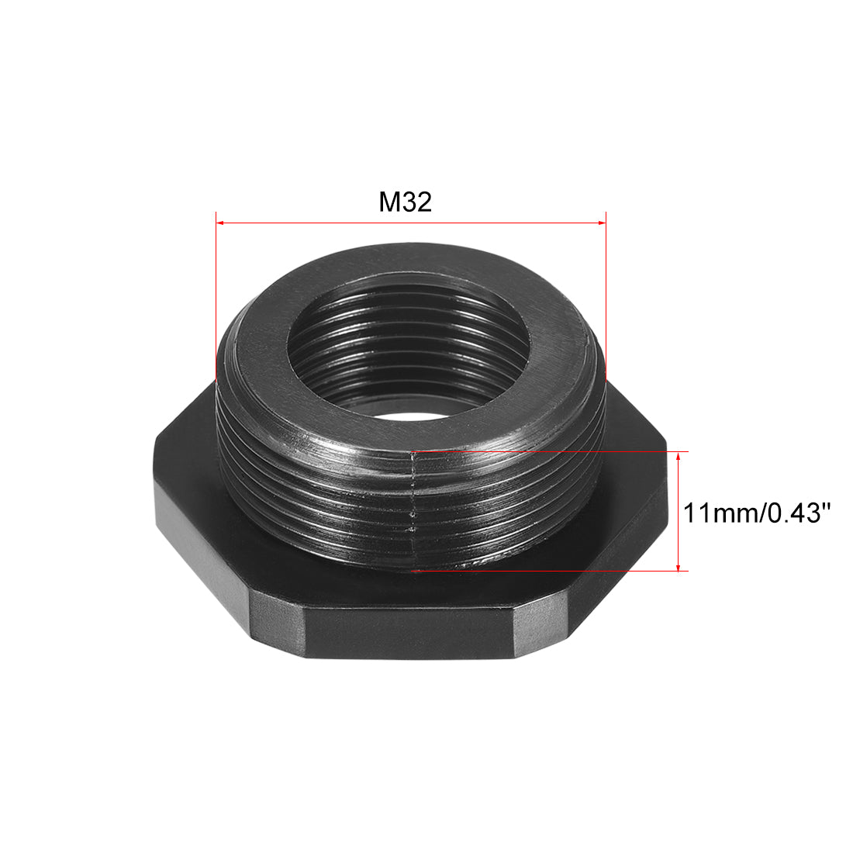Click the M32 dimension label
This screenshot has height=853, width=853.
click(x=405, y=202)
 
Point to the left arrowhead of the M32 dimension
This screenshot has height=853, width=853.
click(x=220, y=223)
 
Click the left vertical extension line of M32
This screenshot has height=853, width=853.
click(x=215, y=295)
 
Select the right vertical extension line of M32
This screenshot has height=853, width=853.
click(x=606, y=295)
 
